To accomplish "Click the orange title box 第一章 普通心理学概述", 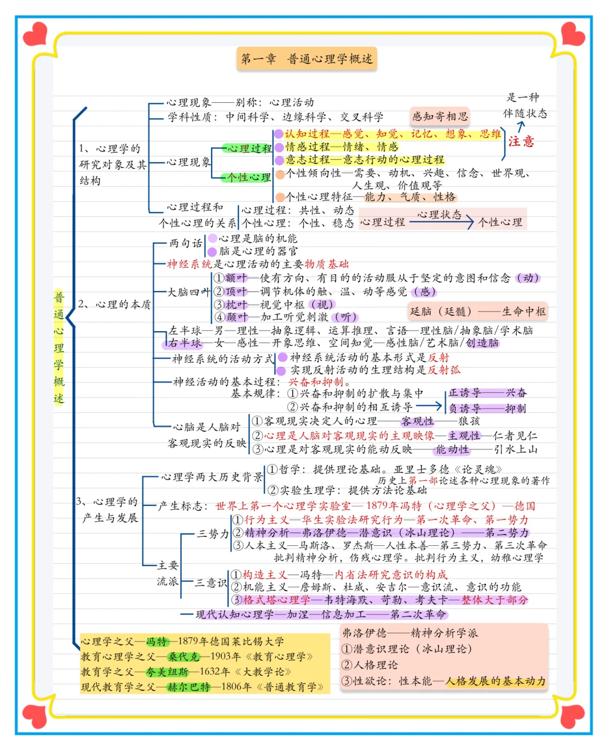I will coord(307,58).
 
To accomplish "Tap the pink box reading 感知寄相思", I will coord(440,116).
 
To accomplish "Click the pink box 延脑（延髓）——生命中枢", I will coord(477,311).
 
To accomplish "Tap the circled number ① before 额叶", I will coord(220,278).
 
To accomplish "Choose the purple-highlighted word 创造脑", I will coord(482,342).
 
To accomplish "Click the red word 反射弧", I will coord(444,370).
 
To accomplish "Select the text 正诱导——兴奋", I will coord(488,393).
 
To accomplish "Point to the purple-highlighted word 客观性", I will coord(417,421).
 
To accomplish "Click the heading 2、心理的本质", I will coord(114,304).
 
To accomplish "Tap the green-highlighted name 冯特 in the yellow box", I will coord(157,641).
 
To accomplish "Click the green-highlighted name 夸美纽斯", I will coord(167,672).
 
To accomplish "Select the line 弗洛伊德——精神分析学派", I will coord(410,633).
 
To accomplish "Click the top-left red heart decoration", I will coord(35,34).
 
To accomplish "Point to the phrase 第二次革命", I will coord(418,615).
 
